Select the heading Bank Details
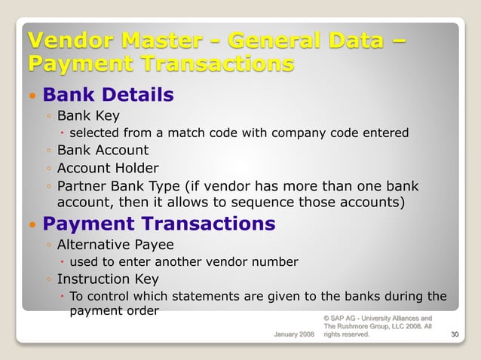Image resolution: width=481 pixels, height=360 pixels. pos(108,96)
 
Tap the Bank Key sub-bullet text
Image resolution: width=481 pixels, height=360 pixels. pos(88,116)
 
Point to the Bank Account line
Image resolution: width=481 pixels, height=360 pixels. pos(103,151)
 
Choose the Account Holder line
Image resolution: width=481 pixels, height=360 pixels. pos(108,168)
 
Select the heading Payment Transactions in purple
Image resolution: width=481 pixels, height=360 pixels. pos(158,224)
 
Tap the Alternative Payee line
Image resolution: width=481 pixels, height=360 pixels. pos(115,245)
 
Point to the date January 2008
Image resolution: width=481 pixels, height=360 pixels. pos(293,334)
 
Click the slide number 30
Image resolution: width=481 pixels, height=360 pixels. pos(454,334)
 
